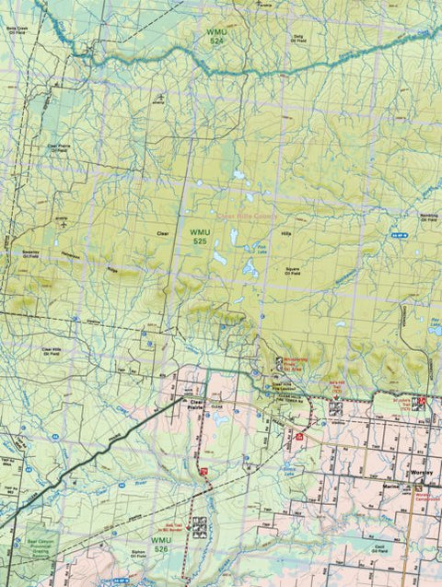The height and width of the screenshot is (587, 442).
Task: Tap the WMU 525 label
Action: point(200,236)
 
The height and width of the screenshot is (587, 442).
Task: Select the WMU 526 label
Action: point(160,546)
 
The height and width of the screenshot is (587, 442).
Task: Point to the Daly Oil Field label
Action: point(297,39)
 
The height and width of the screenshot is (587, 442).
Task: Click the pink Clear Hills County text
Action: point(246,217)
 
